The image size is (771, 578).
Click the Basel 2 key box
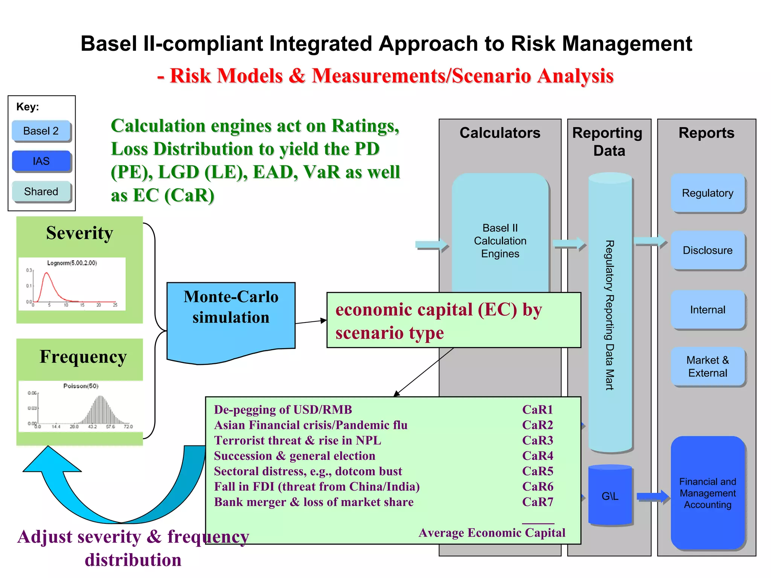[41, 131]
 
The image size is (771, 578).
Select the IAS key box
[41, 161]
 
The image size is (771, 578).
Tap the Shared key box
[41, 192]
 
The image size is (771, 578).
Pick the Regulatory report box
[707, 193]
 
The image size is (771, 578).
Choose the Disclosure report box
[707, 250]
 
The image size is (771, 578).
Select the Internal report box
[707, 310]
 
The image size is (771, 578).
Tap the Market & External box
[707, 367]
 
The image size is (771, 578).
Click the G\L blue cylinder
[610, 496]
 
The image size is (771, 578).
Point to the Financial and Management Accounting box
[707, 493]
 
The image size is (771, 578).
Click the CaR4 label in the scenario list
[538, 456]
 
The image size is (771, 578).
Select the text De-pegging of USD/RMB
[283, 409]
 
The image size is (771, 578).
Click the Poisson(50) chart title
[81, 386]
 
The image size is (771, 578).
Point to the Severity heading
[79, 233]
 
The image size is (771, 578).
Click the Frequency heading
[83, 357]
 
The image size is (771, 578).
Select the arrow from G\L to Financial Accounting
[652, 497]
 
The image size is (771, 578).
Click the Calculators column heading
[500, 133]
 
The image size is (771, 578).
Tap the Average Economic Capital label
[492, 533]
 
